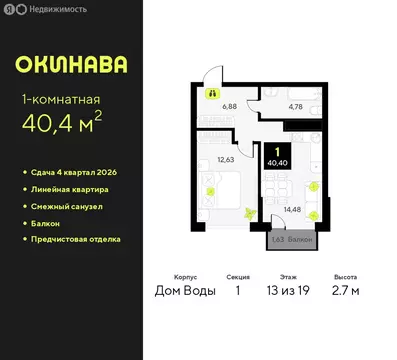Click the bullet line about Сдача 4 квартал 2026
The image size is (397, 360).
click(73, 172)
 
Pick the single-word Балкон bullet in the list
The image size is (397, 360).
click(47, 223)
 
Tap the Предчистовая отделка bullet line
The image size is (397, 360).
click(75, 240)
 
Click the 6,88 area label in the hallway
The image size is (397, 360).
click(228, 104)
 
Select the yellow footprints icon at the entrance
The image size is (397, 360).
click(212, 93)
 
